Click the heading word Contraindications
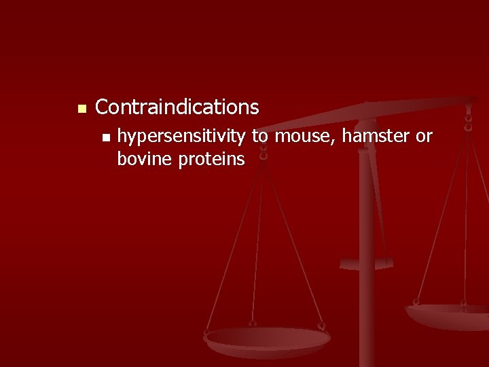click(x=177, y=107)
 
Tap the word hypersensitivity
click(x=181, y=137)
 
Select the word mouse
click(x=306, y=137)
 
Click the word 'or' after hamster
click(x=424, y=137)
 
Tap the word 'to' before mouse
click(x=260, y=137)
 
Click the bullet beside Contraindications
click(x=81, y=109)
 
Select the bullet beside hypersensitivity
click(x=104, y=138)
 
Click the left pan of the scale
click(x=268, y=338)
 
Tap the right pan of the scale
click(x=448, y=314)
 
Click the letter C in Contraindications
click(x=103, y=107)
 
